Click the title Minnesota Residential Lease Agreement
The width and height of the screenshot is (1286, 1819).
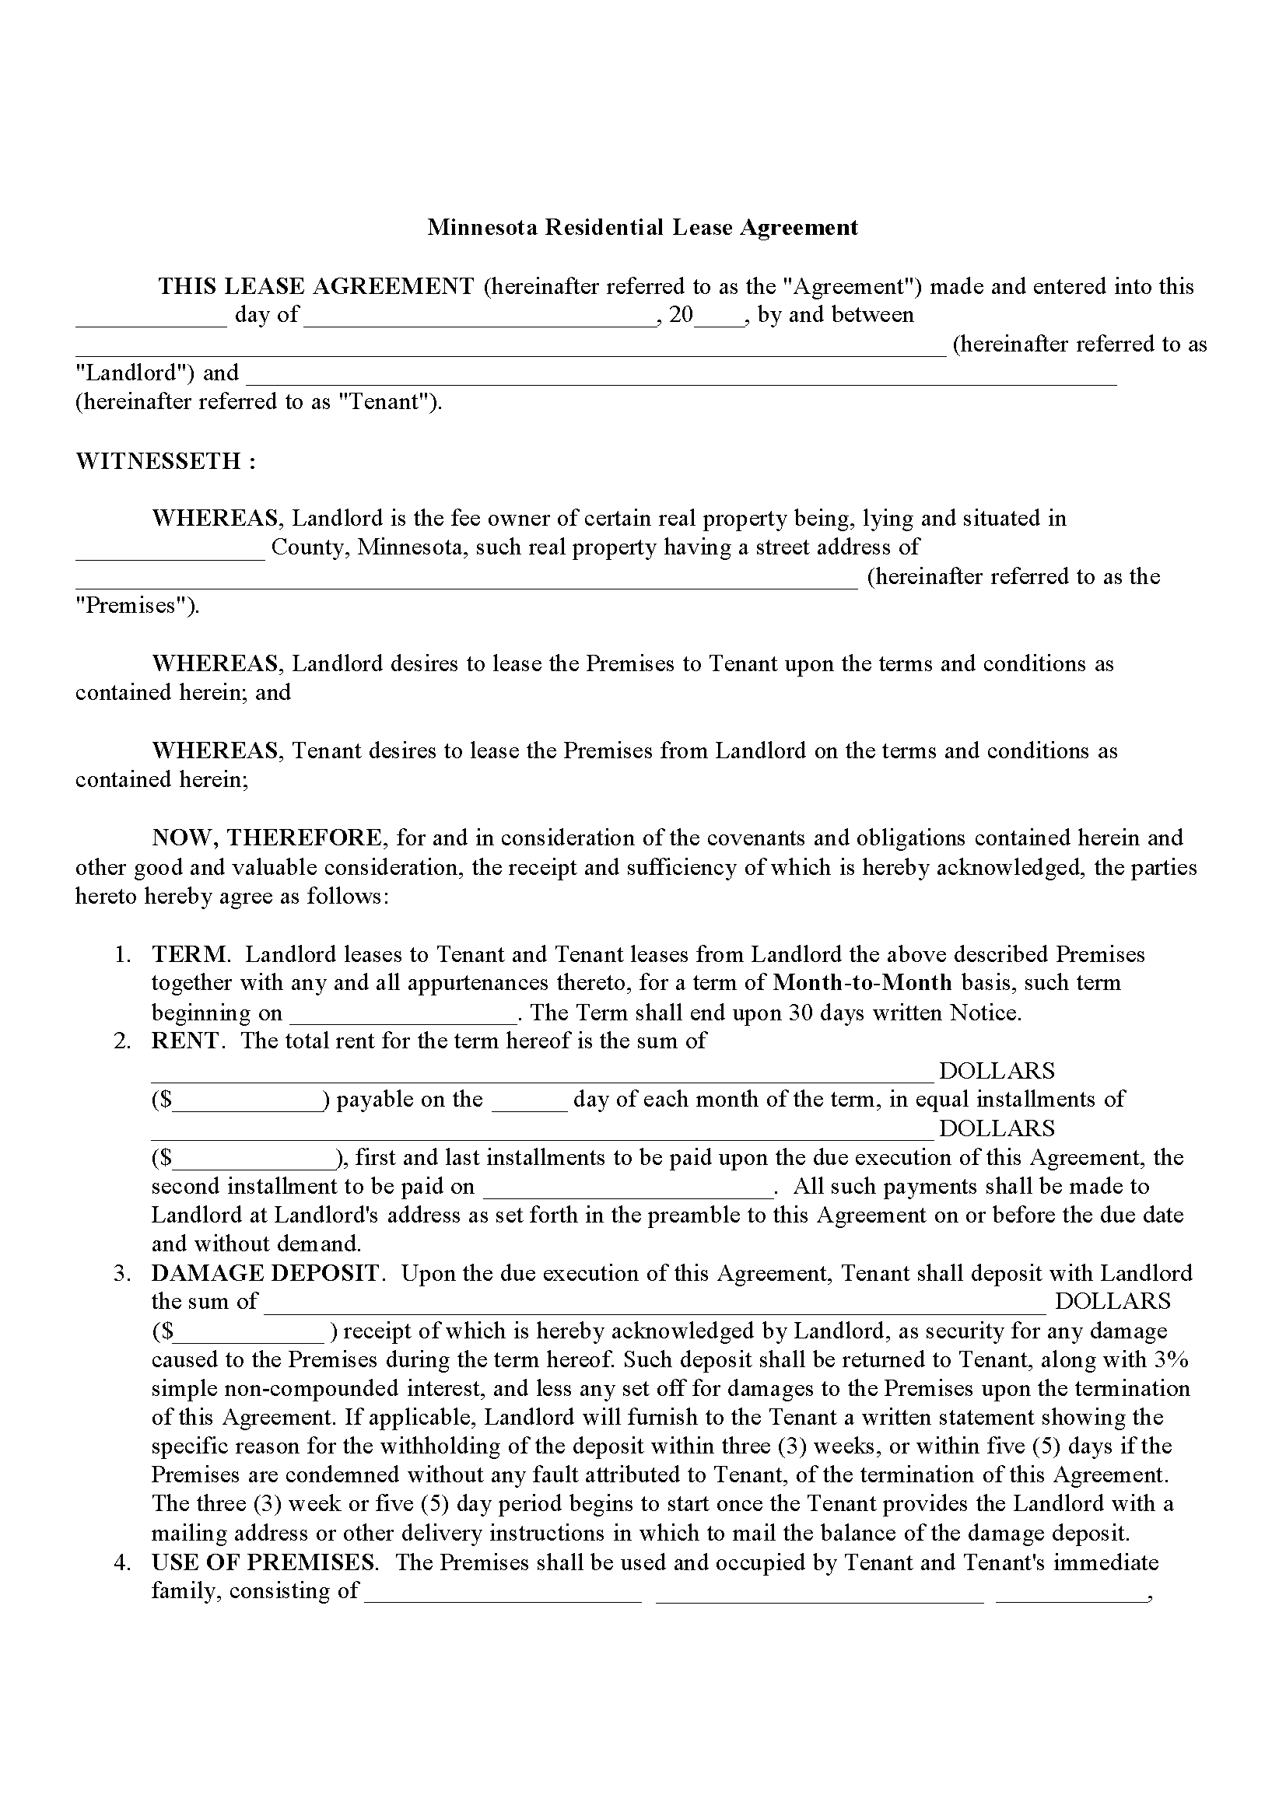pos(642,227)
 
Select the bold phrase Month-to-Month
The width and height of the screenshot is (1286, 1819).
pos(862,983)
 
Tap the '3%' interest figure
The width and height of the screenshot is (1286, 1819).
pos(1171,1359)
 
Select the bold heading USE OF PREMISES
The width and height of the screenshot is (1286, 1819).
pos(263,1562)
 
